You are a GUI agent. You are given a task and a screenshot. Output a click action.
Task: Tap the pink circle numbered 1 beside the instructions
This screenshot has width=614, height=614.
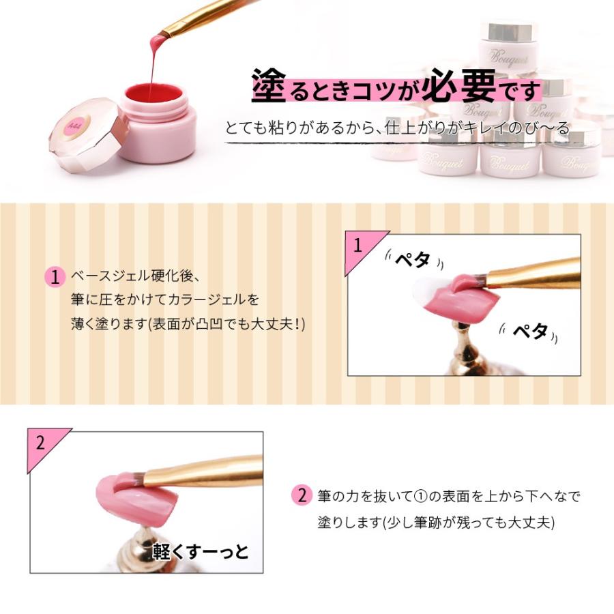coord(54,277)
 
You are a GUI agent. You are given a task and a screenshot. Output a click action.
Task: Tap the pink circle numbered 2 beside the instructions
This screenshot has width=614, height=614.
coord(301,496)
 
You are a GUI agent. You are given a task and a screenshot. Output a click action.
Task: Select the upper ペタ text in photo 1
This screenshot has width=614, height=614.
coord(412,260)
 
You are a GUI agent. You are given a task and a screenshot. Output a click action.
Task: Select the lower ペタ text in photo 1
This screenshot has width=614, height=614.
coord(530,332)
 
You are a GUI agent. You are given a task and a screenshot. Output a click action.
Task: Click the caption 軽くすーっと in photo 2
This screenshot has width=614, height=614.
coord(201,551)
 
